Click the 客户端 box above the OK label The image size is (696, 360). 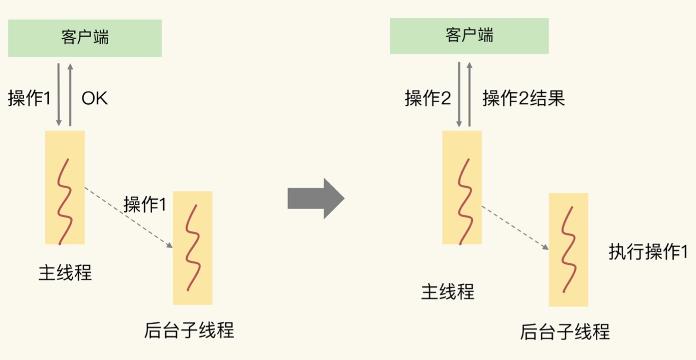click(84, 38)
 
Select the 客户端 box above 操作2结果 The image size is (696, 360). click(469, 36)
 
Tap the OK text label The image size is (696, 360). click(95, 98)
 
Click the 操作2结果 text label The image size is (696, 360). click(523, 98)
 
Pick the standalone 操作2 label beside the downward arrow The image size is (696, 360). click(427, 98)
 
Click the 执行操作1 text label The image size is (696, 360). click(648, 252)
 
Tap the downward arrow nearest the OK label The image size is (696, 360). click(59, 95)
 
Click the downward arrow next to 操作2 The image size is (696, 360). click(459, 95)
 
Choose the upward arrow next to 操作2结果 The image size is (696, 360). click(470, 95)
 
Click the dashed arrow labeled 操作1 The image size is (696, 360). click(129, 218)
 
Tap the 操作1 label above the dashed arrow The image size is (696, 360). click(145, 204)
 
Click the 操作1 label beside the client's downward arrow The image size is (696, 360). click(30, 98)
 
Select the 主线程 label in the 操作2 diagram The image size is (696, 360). click(447, 292)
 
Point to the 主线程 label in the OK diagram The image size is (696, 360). click(65, 273)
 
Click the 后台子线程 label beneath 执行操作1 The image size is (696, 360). click(564, 332)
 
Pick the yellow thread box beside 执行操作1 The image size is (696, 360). click(568, 249)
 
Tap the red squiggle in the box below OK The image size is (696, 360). click(65, 201)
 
